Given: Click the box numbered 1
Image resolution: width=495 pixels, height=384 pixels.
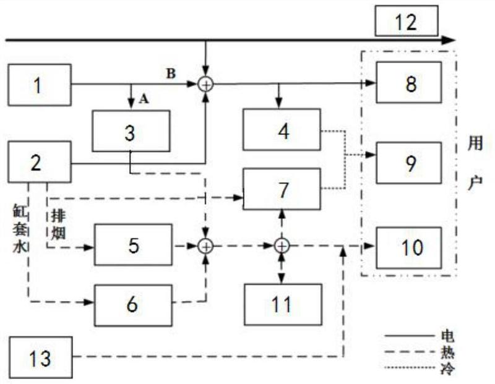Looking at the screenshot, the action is point(40,85).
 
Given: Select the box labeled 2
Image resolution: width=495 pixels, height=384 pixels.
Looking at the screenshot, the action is point(40,162).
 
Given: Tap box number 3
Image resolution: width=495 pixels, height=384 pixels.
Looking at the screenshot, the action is point(131,131).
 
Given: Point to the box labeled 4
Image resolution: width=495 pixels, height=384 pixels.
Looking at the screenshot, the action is point(282,130).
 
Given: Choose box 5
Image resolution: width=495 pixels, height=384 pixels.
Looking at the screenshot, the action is point(133,245).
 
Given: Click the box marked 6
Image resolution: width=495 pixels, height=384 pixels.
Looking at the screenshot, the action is point(133,305).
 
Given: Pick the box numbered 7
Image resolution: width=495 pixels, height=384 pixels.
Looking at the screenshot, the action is point(282,189).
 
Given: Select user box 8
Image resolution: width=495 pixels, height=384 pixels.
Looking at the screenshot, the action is point(409,82).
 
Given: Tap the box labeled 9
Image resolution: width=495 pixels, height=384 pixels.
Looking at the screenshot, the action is point(409,163).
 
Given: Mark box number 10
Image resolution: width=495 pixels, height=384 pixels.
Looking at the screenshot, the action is point(409,248).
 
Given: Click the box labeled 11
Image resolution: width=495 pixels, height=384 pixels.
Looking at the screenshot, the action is point(283,304).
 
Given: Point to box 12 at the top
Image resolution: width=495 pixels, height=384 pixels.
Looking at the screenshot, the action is point(407,21).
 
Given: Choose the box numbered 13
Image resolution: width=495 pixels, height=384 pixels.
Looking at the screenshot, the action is point(41,357).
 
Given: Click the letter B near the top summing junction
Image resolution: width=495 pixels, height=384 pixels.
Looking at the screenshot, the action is point(171,74).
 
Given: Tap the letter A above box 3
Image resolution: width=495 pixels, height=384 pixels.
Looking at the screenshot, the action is point(144,100).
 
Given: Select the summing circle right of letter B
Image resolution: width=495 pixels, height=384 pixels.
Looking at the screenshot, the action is point(205,85).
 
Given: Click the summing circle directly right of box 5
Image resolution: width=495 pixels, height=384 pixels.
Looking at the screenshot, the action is point(205,247).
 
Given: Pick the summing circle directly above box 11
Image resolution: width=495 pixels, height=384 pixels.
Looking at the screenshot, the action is point(282,246).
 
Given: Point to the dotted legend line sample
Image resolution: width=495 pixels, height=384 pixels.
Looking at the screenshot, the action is point(409,367).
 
